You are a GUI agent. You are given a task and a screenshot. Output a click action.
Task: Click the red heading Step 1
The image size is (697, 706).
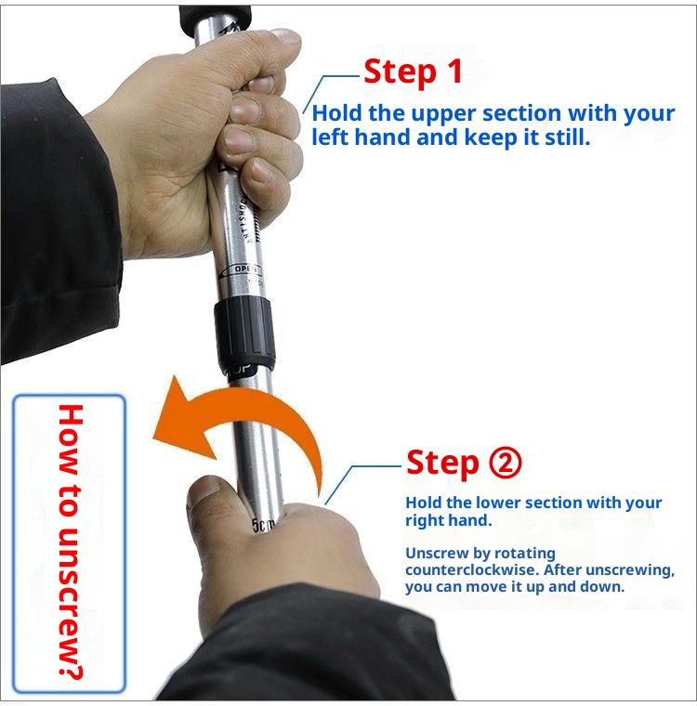coord(412,72)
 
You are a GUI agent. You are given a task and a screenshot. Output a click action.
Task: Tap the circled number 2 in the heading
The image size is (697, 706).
coord(504,462)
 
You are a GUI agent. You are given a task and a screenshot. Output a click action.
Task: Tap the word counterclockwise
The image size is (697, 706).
coord(463,569)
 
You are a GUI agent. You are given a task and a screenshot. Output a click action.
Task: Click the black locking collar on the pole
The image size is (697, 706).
coord(243,334)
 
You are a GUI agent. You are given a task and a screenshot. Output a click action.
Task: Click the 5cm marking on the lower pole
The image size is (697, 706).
coord(264,526)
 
